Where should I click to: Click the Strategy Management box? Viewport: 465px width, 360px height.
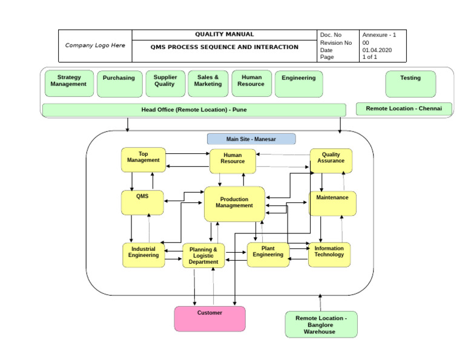point(70,84)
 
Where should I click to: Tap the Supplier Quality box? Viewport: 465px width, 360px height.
point(165,84)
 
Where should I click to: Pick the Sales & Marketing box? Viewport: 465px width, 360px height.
point(208,84)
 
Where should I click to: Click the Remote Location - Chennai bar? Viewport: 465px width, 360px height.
point(404,109)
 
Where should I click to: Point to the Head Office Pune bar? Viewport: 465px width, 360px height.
point(194,110)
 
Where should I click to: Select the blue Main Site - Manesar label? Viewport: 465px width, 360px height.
point(251,139)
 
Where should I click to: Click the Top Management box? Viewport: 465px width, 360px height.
point(143,159)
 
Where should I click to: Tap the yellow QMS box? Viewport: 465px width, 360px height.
point(142,202)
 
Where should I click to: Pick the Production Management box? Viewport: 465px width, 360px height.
point(234,204)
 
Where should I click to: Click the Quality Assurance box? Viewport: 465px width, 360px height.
point(331,161)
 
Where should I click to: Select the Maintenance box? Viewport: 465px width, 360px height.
point(332,204)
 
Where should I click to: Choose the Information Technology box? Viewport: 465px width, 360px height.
point(329,255)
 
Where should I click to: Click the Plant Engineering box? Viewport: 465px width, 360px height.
point(268,255)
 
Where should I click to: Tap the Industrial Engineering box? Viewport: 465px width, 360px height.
point(143,255)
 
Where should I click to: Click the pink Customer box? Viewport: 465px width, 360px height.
point(210,319)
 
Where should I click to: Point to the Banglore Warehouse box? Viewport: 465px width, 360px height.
point(321,324)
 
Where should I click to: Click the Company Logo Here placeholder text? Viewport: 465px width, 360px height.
point(95,45)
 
